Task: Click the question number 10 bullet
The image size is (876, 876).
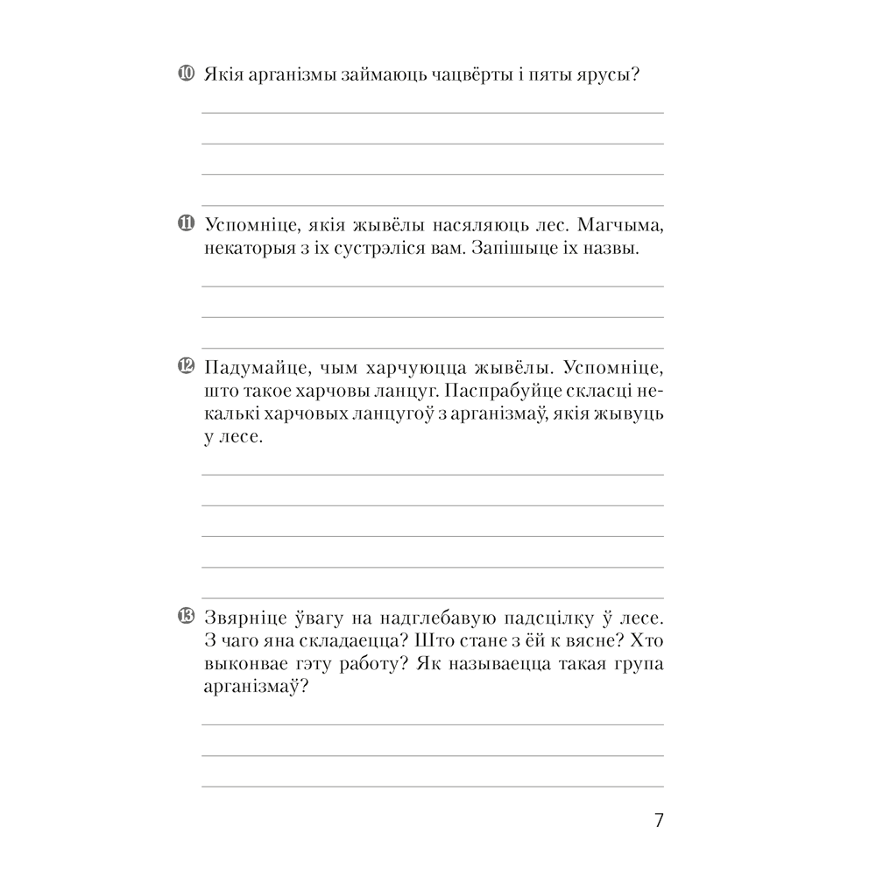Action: coord(185,74)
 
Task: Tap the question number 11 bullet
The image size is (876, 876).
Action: coord(185,224)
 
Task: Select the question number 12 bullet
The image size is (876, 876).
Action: coord(185,364)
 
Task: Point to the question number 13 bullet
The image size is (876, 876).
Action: coord(185,616)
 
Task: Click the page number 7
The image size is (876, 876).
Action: coord(659,821)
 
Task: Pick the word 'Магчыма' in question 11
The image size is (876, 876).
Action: coord(623,225)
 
